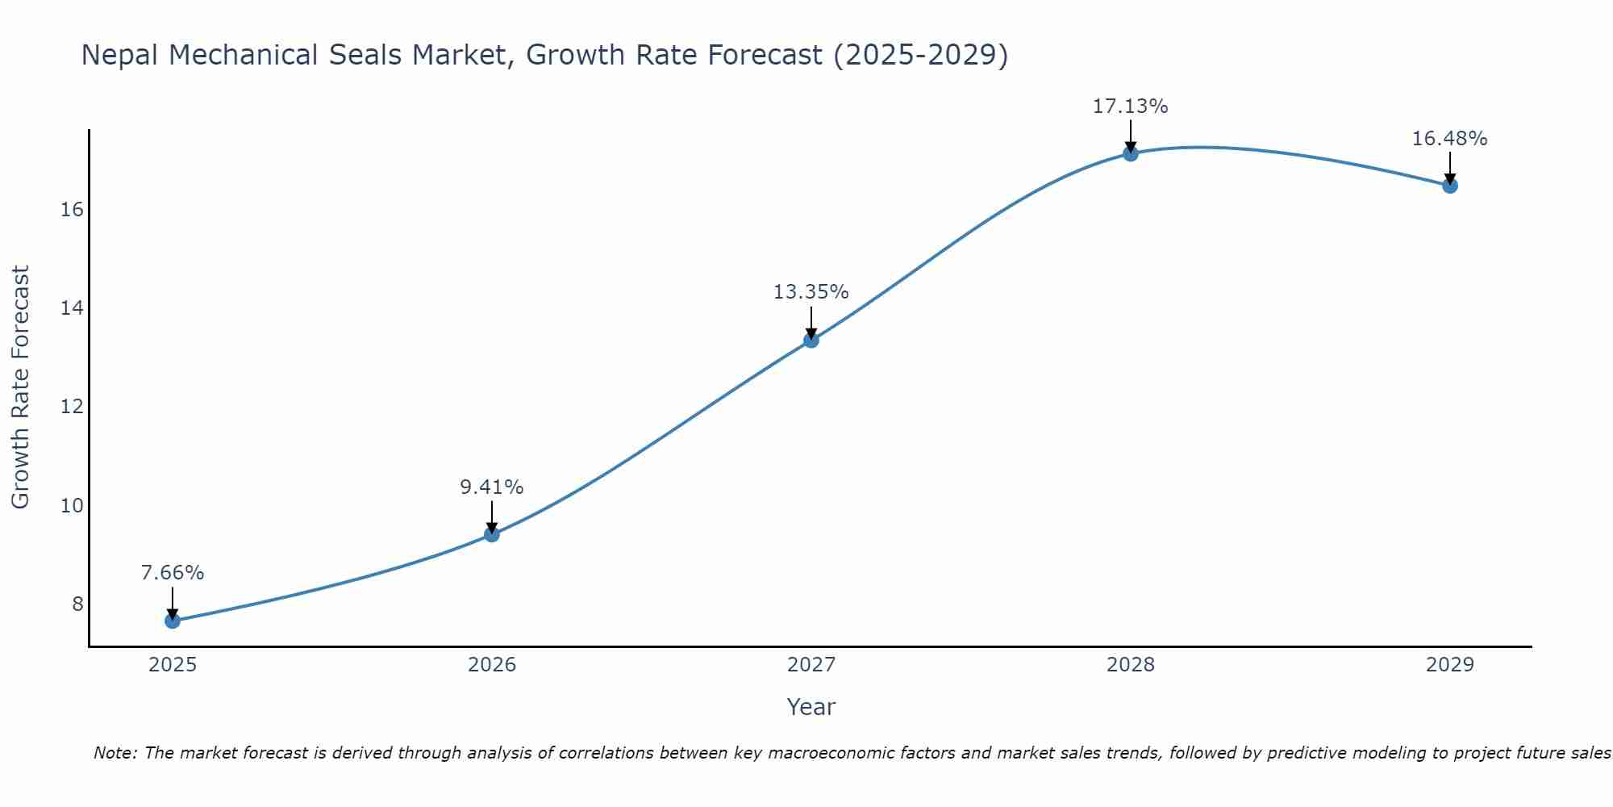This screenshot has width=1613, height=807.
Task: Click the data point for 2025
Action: (x=173, y=621)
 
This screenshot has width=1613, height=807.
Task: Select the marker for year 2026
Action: (x=492, y=534)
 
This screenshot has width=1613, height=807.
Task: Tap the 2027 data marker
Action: (x=811, y=340)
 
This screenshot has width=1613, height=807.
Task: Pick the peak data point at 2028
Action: (x=1131, y=153)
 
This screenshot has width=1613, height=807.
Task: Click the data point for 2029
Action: (x=1450, y=186)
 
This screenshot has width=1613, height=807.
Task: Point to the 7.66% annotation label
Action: (x=173, y=573)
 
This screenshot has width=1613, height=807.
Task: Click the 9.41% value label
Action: (x=492, y=487)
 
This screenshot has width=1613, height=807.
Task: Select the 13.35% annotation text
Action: (x=811, y=292)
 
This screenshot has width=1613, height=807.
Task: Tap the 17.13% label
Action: (x=1131, y=107)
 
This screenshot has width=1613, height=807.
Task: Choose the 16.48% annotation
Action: (x=1450, y=139)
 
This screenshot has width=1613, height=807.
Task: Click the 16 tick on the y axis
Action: (x=72, y=210)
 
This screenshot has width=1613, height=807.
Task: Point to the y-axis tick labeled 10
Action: (x=72, y=506)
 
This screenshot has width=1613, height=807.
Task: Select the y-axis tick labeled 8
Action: (x=77, y=604)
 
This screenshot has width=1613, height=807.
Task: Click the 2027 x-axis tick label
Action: (x=811, y=665)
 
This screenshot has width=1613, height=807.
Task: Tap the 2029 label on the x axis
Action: (x=1450, y=665)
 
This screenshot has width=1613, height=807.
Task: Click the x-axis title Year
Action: (x=811, y=707)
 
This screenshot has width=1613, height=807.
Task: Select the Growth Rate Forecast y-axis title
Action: (x=20, y=387)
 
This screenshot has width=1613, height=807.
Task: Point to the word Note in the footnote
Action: (x=115, y=753)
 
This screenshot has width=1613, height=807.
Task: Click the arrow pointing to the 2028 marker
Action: (x=1131, y=136)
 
